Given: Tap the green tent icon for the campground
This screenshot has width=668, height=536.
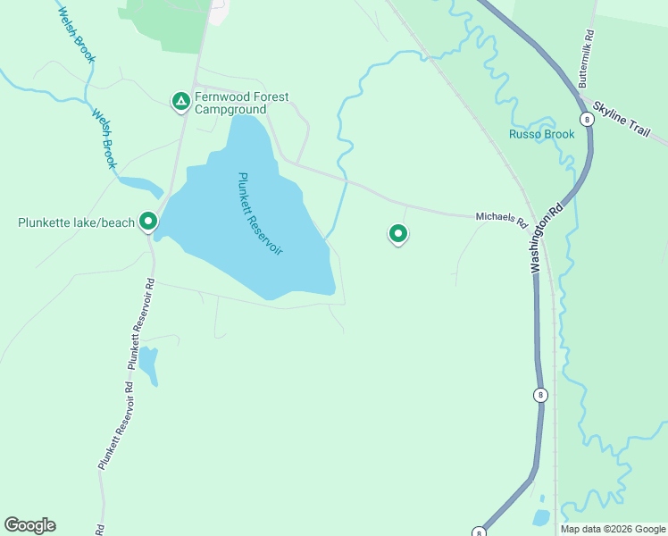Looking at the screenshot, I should tap(180, 101).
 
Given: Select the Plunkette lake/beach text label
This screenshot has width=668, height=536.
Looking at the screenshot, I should tap(76, 222).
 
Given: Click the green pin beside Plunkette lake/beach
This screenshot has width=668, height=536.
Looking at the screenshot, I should tap(148, 221).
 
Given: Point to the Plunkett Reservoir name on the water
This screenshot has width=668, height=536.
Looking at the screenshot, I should tap(260, 214).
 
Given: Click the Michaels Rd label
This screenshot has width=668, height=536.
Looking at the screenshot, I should tap(502, 218).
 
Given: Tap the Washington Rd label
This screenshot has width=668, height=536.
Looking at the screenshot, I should tap(546, 238).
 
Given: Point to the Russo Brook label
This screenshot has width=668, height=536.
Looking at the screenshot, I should tap(541, 135).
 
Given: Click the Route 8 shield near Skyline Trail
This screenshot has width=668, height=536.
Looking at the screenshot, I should tap(586, 118).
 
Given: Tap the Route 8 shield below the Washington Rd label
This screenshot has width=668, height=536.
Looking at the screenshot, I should tap(540, 394).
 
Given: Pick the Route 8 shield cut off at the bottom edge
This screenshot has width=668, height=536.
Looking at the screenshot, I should tap(480, 532).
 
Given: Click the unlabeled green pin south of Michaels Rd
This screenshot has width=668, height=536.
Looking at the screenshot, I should tap(397, 234).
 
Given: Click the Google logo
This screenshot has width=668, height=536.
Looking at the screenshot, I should tap(29, 525).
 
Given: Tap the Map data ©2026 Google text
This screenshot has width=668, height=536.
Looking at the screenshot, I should tap(614, 529).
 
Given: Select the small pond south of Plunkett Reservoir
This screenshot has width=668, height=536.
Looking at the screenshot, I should tap(147, 364).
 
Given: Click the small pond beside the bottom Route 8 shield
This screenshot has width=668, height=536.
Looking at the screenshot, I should tap(540, 517).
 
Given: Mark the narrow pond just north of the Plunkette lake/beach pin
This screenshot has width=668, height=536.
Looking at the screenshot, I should tap(139, 187).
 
